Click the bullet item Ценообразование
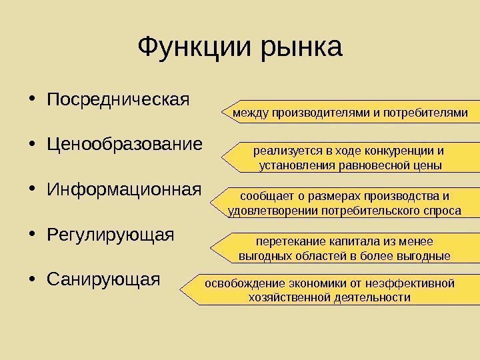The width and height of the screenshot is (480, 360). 125,145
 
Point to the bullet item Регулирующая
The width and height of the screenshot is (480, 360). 111,235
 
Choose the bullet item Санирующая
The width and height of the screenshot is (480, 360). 104,279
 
